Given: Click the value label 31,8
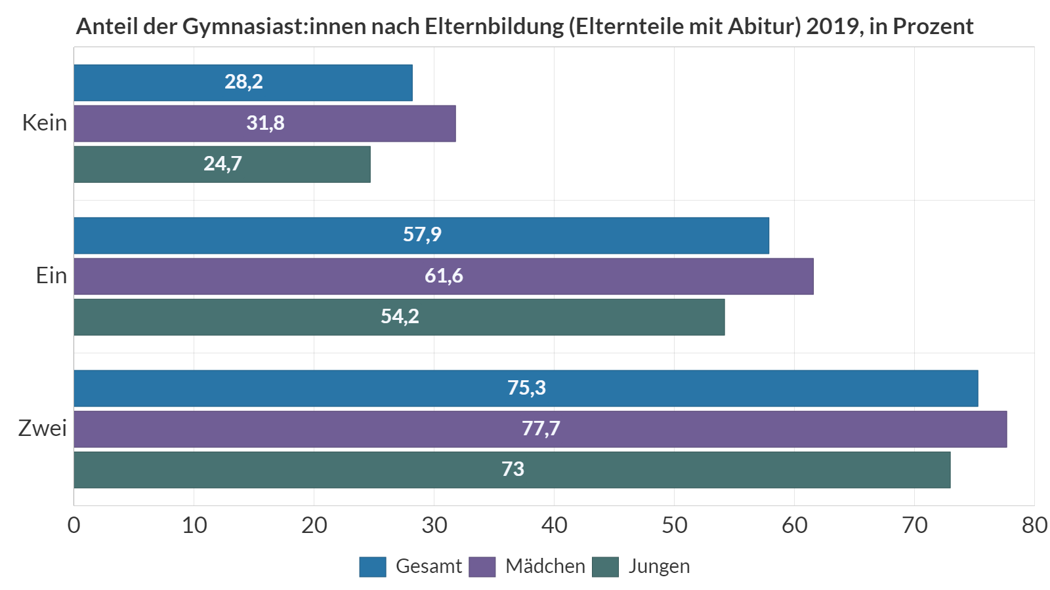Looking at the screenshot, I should tap(265, 123).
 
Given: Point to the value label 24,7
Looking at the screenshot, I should tap(222, 164).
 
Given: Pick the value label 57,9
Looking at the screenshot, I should tap(422, 235).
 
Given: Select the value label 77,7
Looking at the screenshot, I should tap(541, 429).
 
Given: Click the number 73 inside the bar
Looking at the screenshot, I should tap(513, 469).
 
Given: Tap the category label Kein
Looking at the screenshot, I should tap(45, 123).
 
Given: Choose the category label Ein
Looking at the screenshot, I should tap(51, 276).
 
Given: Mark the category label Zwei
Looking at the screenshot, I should tap(43, 429).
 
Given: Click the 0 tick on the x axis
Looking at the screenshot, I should tap(74, 525).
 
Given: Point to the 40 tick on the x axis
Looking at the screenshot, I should tap(554, 525).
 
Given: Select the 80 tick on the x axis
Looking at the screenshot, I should tap(1034, 525).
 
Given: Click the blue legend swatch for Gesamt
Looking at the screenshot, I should tap(373, 566).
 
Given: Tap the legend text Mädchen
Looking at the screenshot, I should tap(545, 566).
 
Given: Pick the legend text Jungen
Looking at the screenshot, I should tap(659, 566).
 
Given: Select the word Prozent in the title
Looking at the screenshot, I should tap(933, 26).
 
